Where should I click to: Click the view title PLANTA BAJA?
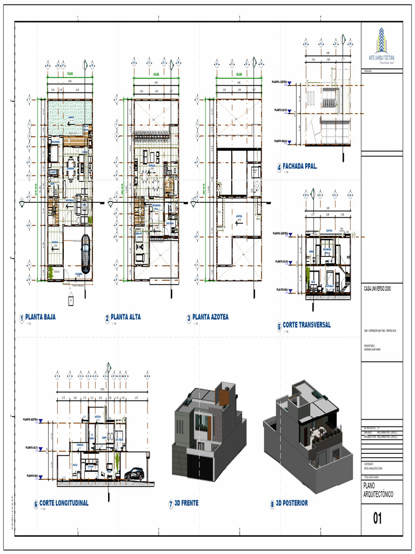click(41, 317)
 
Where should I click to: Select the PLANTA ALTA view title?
click(125, 317)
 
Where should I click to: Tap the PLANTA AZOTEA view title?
click(210, 317)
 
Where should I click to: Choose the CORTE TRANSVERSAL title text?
click(306, 325)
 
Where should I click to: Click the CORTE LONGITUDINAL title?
click(64, 503)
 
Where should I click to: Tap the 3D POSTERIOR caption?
click(292, 503)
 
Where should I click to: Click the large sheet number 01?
click(378, 518)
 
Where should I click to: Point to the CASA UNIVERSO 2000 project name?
click(377, 289)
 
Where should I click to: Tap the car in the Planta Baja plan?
click(86, 254)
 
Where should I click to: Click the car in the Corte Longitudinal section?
click(134, 474)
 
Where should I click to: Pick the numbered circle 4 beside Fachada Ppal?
click(279, 168)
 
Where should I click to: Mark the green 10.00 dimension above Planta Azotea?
click(238, 74)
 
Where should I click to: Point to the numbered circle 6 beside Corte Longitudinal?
click(36, 504)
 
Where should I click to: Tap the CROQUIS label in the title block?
click(367, 71)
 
